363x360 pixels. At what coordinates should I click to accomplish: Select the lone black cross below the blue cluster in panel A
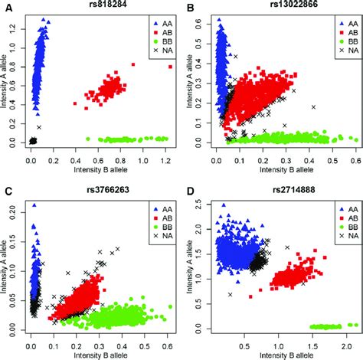pos(39,126)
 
